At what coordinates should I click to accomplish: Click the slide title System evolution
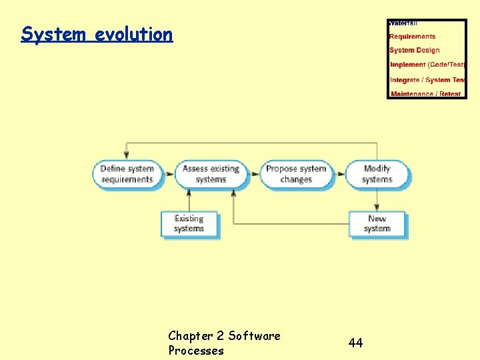pos(97,34)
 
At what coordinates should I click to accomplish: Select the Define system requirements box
pos(127,174)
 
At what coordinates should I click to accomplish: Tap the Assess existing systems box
pos(211,174)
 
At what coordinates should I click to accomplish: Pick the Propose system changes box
pos(296,174)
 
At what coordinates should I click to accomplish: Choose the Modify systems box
pos(377,174)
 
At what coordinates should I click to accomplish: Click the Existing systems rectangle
pos(189,224)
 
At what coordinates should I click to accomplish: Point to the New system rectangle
pos(377,224)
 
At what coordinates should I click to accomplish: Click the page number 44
pos(355,343)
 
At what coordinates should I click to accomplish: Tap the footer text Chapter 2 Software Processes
pos(224,343)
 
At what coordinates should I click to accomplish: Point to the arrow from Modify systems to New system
pos(377,200)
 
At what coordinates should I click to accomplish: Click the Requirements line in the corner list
pos(412,37)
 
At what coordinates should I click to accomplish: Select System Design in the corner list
pos(415,50)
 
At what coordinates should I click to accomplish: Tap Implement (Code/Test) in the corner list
pos(427,65)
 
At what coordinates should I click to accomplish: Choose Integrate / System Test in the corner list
pos(427,80)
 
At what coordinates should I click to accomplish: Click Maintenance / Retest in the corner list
pos(426,94)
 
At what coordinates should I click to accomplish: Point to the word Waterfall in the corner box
pos(403,23)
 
